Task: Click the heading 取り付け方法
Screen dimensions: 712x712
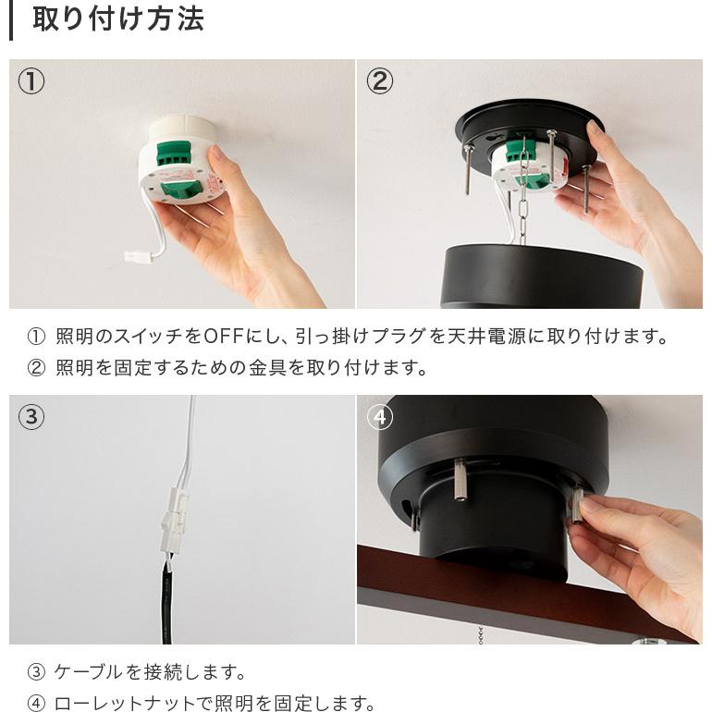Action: click(x=117, y=19)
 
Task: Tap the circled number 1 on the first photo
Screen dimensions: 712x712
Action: click(x=31, y=81)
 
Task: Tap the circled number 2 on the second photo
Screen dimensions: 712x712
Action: click(x=379, y=81)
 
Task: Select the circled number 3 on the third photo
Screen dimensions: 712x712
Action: click(x=31, y=417)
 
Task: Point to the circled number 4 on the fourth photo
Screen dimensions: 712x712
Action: click(x=379, y=417)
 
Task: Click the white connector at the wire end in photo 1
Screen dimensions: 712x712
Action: click(x=137, y=256)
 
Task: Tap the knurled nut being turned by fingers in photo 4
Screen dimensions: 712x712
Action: click(x=579, y=505)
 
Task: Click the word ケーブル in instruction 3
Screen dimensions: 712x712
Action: click(x=93, y=671)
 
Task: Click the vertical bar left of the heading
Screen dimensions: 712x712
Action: click(x=11, y=19)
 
